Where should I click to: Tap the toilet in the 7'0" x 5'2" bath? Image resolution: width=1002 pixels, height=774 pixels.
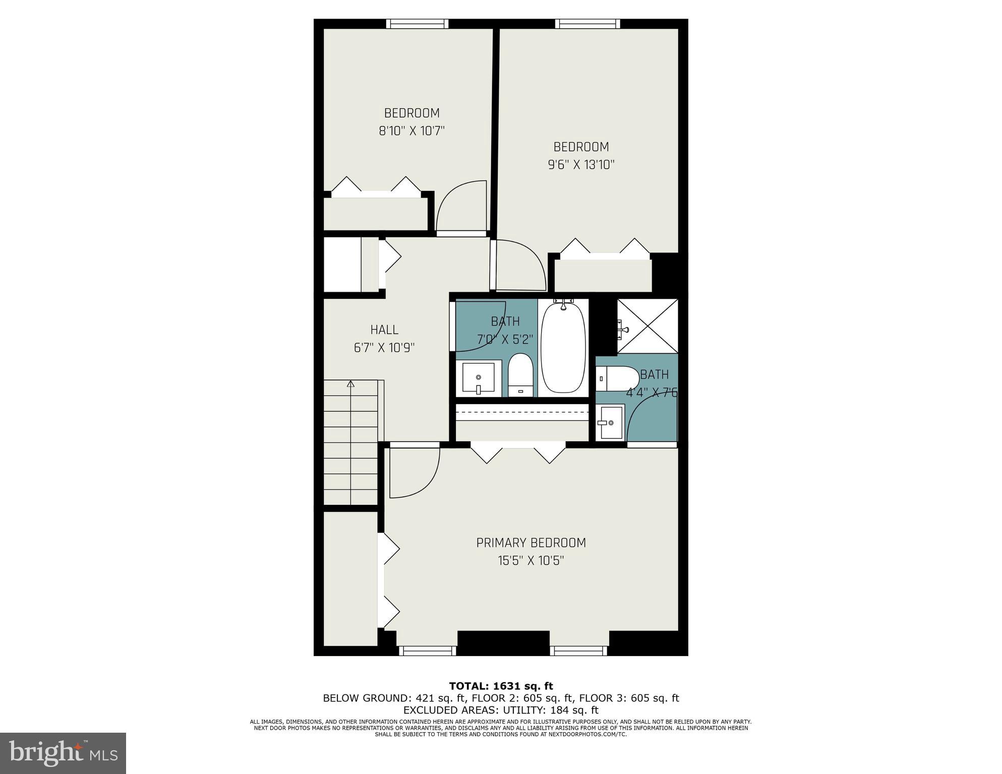click(520, 375)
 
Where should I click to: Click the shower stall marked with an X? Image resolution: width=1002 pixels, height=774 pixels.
click(648, 326)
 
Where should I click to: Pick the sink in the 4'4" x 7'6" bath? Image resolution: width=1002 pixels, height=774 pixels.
click(610, 422)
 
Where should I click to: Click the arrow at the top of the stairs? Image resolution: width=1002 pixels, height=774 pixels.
click(350, 384)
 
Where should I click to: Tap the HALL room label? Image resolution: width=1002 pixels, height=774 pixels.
click(384, 330)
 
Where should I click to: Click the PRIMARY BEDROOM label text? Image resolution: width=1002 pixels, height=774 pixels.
click(531, 543)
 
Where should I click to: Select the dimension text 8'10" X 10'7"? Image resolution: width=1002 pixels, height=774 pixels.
click(411, 131)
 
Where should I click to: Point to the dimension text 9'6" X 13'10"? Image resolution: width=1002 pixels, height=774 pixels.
click(581, 165)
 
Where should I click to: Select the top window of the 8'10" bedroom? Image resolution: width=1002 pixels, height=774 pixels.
click(417, 24)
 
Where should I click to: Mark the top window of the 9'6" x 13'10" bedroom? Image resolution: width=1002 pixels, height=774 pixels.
click(587, 24)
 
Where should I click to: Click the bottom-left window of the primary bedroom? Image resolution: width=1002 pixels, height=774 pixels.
click(428, 651)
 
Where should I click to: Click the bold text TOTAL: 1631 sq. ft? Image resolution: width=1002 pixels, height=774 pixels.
click(501, 686)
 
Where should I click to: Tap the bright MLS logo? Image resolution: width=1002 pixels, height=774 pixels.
click(63, 753)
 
